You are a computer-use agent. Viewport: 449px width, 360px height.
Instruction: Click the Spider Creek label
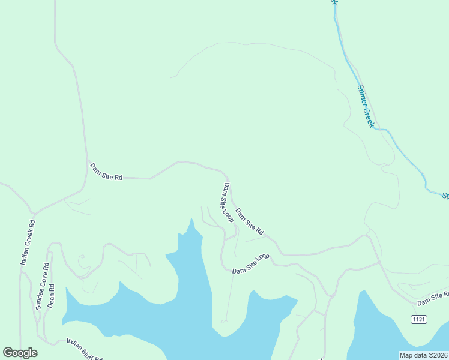click(365, 106)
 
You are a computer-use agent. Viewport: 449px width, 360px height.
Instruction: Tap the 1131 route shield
click(419, 319)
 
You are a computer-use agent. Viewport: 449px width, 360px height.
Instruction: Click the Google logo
click(20, 353)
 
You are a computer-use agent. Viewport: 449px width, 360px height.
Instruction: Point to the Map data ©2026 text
click(423, 355)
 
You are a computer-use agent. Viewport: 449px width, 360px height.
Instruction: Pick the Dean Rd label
click(52, 295)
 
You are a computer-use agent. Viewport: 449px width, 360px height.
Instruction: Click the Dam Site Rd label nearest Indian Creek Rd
click(106, 172)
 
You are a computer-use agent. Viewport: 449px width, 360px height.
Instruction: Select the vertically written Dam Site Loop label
click(228, 202)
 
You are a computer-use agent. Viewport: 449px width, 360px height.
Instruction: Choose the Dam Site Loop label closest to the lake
click(251, 264)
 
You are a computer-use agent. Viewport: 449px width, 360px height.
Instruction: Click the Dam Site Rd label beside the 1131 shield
click(433, 296)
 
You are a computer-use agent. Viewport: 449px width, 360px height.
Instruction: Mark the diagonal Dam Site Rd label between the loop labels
click(249, 221)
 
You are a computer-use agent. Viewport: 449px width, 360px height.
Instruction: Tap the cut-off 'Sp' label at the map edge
click(445, 196)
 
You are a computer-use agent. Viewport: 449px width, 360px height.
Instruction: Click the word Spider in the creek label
click(362, 96)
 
